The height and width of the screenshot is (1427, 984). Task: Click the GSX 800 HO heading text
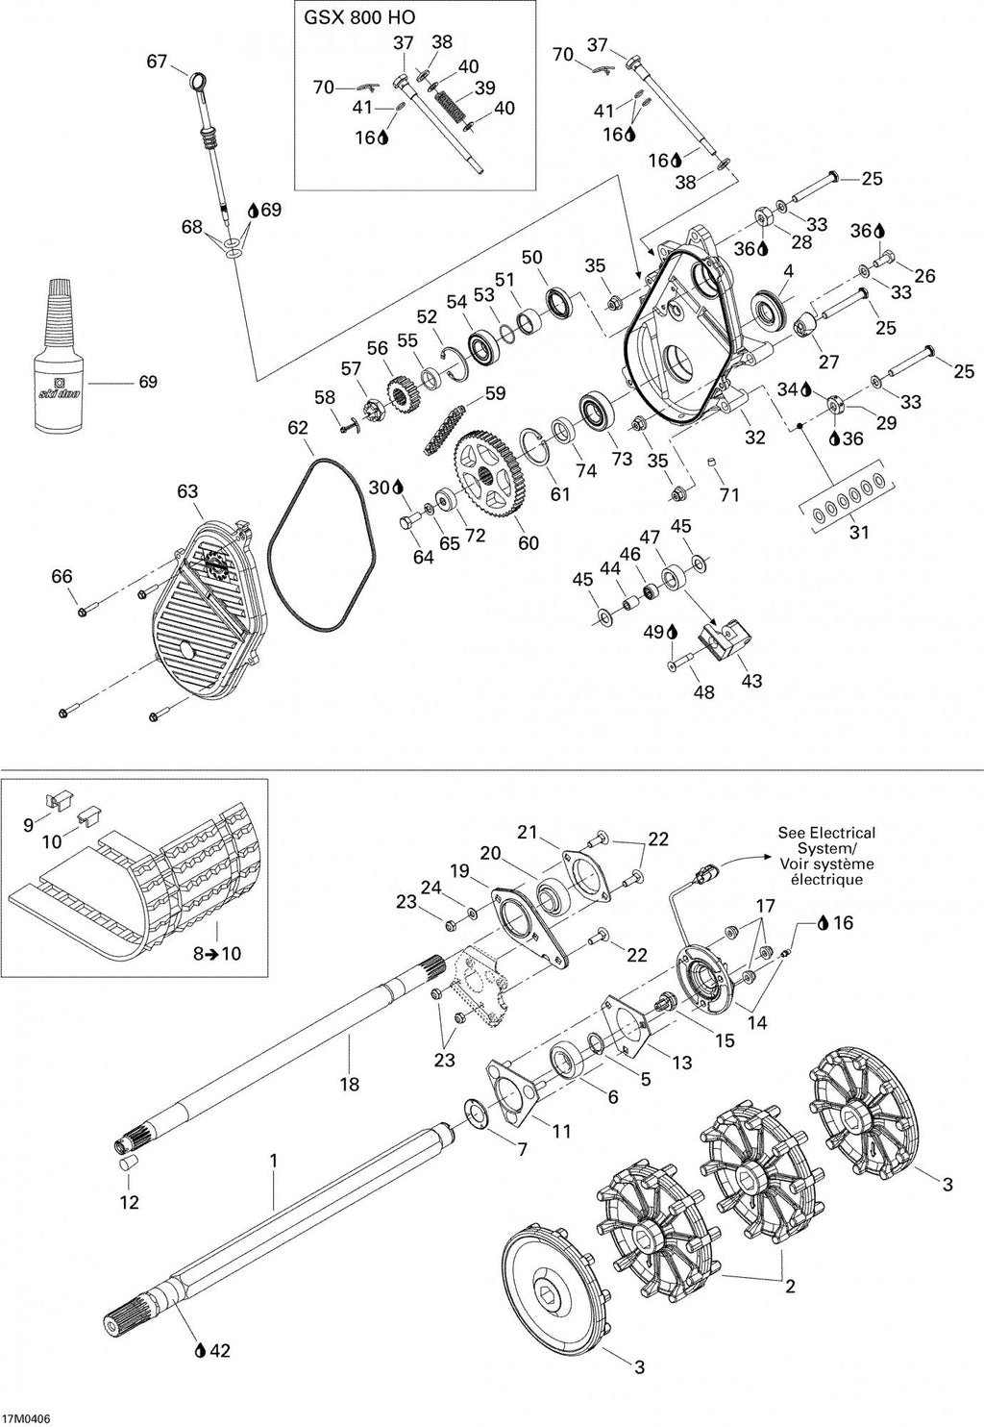(360, 17)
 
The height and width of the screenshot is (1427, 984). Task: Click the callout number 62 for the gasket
(298, 428)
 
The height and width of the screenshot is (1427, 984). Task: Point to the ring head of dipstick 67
(198, 82)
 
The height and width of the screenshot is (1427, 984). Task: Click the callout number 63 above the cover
(187, 491)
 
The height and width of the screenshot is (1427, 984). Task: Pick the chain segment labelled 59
(449, 427)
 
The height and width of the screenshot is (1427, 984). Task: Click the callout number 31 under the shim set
(859, 532)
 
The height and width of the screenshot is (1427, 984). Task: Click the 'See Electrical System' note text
(826, 856)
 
